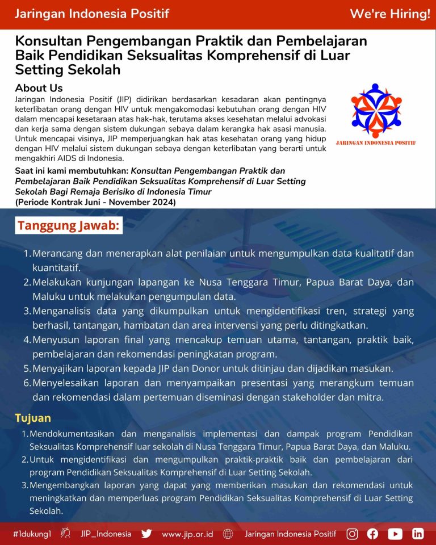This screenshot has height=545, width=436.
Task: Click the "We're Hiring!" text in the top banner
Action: click(x=389, y=14)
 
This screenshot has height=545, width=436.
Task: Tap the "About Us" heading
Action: click(x=39, y=88)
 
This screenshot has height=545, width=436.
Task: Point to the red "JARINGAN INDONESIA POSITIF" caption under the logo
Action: click(x=376, y=142)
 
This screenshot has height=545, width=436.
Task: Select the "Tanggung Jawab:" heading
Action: click(x=68, y=225)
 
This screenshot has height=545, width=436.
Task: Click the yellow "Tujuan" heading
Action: click(x=33, y=418)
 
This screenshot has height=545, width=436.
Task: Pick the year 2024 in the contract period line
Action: click(x=163, y=202)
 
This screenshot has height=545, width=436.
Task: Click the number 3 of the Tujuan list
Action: click(x=24, y=486)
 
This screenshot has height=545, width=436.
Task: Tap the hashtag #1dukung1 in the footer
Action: click(x=32, y=534)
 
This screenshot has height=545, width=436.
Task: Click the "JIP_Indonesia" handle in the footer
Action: click(x=106, y=534)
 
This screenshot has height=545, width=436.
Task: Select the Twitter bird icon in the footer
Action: click(x=146, y=534)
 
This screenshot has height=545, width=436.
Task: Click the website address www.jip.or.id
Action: click(x=187, y=534)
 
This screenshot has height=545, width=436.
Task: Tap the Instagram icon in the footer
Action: click(x=353, y=534)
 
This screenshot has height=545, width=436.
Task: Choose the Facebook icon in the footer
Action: click(x=373, y=534)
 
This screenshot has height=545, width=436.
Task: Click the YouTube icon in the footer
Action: click(x=395, y=534)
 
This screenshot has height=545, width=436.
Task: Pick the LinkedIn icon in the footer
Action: click(x=418, y=534)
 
